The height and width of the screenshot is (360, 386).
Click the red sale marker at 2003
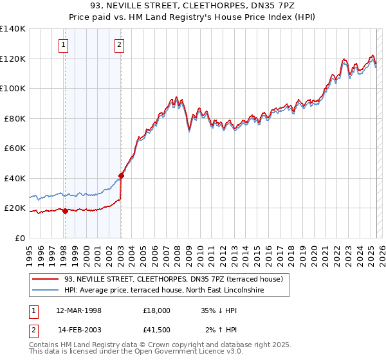(x=121, y=175)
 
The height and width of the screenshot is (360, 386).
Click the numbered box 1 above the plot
(x=64, y=45)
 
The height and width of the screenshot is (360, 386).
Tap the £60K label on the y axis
(x=15, y=148)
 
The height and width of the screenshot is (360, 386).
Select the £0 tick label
(x=20, y=238)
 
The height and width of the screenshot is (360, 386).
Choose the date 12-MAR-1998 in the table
(x=78, y=310)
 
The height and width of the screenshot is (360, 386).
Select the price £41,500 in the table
(x=156, y=330)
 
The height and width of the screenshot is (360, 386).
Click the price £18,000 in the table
(x=156, y=310)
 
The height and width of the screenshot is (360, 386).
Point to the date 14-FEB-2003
(x=78, y=330)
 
